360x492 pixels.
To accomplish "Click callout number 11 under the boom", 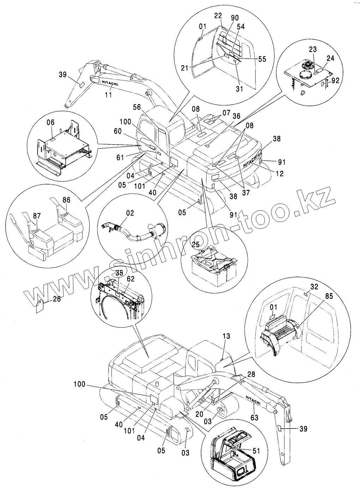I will click(x=109, y=95).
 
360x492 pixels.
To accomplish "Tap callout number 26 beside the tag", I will click(x=56, y=299).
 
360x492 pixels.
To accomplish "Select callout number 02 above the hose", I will click(x=130, y=213).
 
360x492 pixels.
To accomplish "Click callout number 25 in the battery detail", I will click(x=196, y=244).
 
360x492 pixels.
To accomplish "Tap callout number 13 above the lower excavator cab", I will click(x=226, y=336).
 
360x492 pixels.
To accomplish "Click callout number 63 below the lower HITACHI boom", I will click(x=254, y=418).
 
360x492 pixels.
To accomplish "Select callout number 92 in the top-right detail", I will click(x=335, y=80).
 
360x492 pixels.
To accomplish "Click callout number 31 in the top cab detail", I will click(x=239, y=89).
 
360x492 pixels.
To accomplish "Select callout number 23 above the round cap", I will click(x=313, y=49).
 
